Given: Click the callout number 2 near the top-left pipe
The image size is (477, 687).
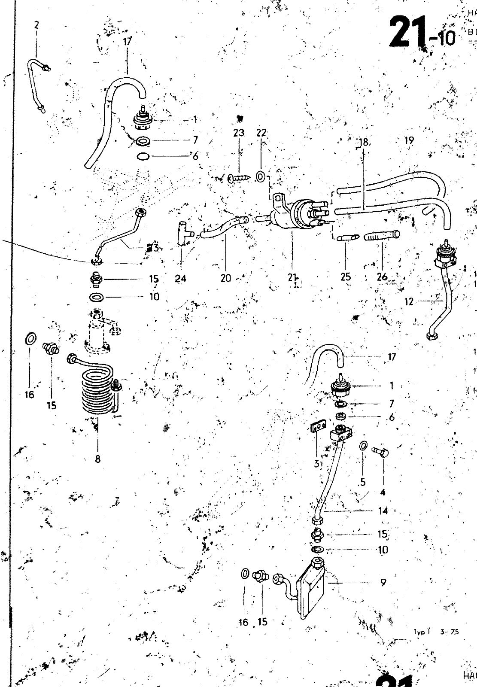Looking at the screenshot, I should point(36,25).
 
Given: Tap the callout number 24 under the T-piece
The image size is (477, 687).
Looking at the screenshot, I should point(181,278).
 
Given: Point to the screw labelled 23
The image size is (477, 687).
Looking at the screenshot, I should point(237,178).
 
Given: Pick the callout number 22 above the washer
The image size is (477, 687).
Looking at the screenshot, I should point(261,133).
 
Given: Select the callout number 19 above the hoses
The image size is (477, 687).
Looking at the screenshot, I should point(409,140).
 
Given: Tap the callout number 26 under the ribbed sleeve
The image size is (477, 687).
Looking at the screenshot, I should point(382,277).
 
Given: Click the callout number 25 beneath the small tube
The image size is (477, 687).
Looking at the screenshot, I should point(346,277).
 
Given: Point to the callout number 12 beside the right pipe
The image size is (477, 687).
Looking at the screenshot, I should point(409,302).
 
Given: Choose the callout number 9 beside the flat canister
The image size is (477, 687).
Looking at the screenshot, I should point(383,583).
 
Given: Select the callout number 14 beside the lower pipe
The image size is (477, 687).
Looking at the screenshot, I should point(383,511).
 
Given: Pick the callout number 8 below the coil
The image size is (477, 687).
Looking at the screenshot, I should point(97,459).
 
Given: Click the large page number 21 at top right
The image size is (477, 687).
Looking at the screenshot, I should point(408,32).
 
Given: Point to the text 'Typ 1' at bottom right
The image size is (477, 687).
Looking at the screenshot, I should point(422,632).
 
